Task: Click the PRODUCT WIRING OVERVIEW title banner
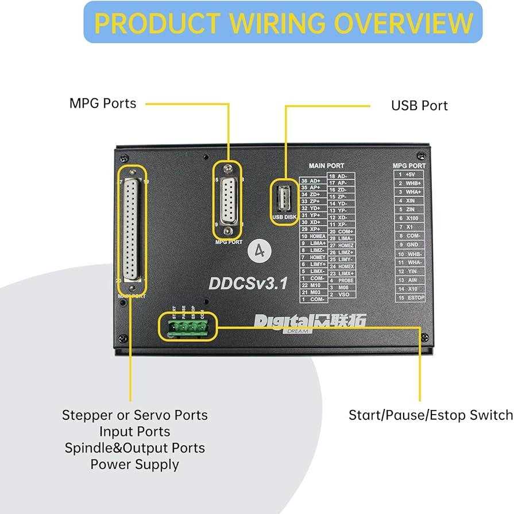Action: [x=284, y=22]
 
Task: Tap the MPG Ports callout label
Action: [x=103, y=103]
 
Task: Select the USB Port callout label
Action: [x=419, y=106]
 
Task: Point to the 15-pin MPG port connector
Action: [x=229, y=202]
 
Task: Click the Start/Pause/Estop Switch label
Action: [x=431, y=415]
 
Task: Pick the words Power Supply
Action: [x=134, y=465]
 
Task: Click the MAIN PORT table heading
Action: [x=326, y=166]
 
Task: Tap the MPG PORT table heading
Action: [x=409, y=166]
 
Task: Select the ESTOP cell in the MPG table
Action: [x=415, y=297]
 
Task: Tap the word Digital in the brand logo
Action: [x=281, y=320]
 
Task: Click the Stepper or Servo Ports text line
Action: [x=134, y=415]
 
